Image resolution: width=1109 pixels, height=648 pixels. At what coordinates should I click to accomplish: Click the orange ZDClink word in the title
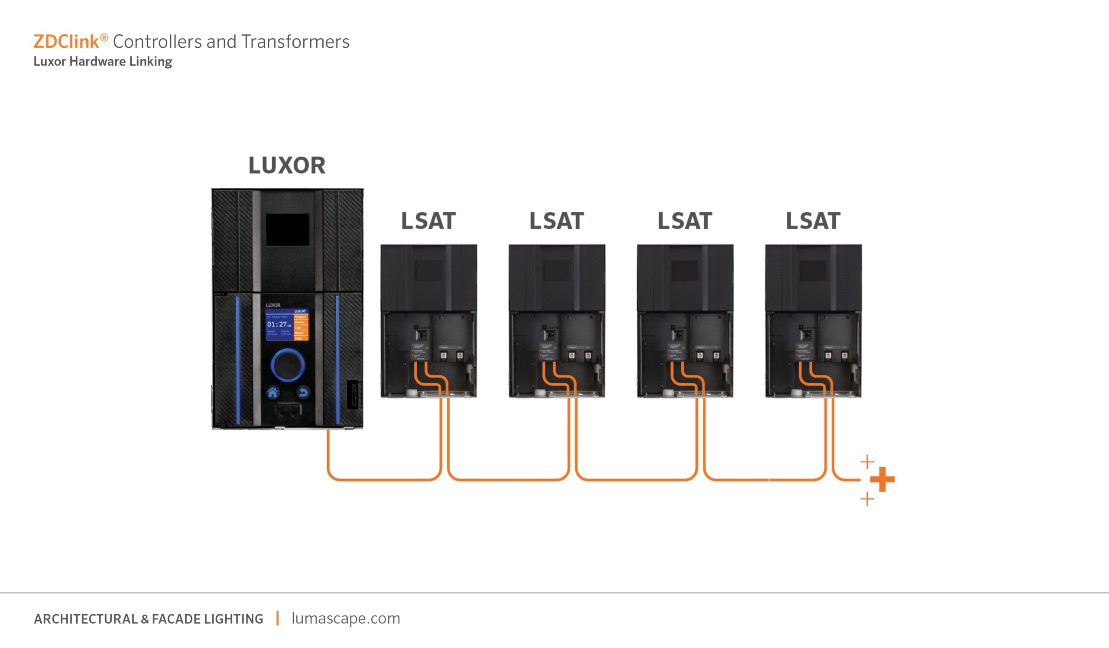pos(66,42)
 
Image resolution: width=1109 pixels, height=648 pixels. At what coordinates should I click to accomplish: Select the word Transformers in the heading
pos(295,42)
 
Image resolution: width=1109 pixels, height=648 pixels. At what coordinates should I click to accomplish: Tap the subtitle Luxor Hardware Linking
pos(103,61)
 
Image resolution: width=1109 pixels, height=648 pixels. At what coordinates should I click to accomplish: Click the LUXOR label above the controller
pos(287,166)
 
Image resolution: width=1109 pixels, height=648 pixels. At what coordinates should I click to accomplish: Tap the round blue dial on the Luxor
pos(287,365)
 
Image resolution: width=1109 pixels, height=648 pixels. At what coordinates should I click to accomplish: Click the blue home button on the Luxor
pos(273,392)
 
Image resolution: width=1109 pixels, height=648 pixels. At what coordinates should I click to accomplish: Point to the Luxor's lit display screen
pos(287,325)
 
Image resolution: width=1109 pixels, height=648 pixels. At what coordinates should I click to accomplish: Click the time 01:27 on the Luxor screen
pos(277,324)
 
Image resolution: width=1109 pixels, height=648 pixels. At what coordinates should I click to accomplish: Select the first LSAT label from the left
pos(428,221)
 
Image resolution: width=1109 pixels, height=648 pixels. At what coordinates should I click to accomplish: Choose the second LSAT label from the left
pos(556,221)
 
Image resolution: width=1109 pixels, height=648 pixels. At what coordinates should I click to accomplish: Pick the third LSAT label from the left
pos(685,221)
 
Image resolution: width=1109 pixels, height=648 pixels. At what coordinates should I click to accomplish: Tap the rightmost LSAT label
pos(813,221)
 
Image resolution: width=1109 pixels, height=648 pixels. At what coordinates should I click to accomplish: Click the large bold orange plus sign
pos(882,479)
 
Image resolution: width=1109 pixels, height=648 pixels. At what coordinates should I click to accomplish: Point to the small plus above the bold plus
pos(867,461)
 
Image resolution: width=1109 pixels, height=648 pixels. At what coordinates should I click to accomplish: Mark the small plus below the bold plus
pos(867,499)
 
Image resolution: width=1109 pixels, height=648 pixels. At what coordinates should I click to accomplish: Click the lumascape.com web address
pos(346,618)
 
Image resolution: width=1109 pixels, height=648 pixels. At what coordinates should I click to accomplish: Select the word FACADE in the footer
pos(176,619)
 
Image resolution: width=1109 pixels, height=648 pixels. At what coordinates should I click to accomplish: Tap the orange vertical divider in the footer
pos(277,618)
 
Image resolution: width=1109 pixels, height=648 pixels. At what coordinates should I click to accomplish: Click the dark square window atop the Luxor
pos(287,229)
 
